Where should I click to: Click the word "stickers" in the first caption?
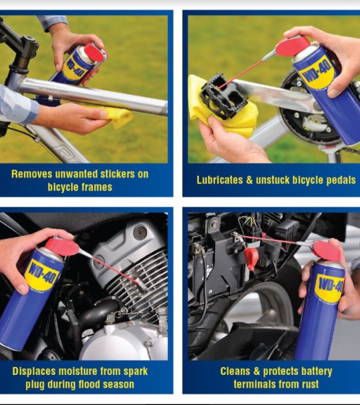pyautogui.click(x=117, y=174)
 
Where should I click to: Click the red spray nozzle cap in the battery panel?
pyautogui.click(x=327, y=250)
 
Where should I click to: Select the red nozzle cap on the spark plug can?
pyautogui.click(x=62, y=246)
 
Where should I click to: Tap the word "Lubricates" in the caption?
pyautogui.click(x=220, y=180)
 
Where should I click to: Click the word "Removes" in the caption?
pyautogui.click(x=32, y=174)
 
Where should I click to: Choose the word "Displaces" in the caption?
pyautogui.click(x=34, y=371)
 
